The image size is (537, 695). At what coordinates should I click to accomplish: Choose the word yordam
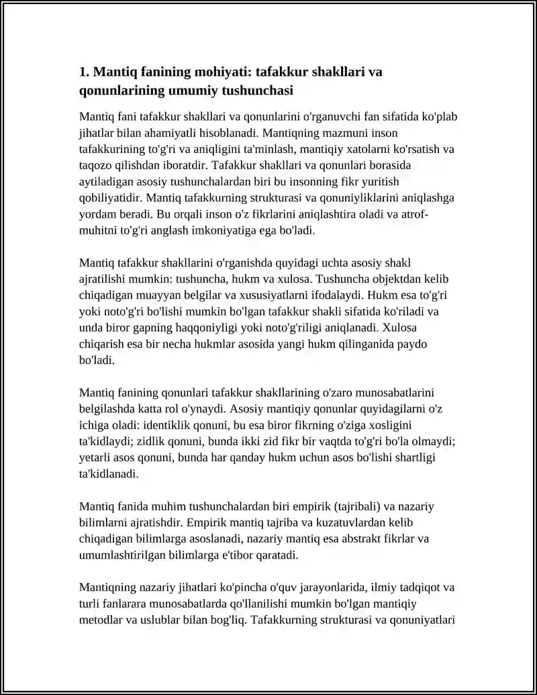tap(95, 214)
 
